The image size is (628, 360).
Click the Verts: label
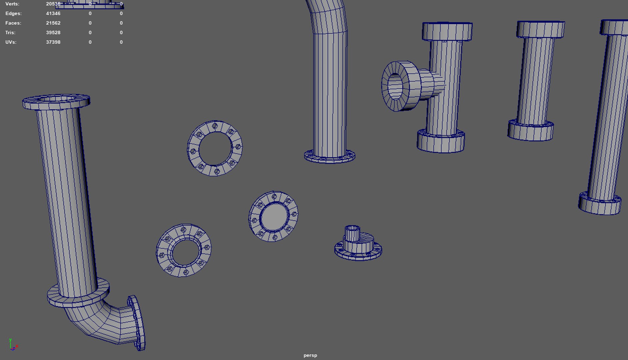(x=12, y=4)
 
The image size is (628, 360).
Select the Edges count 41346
(x=53, y=14)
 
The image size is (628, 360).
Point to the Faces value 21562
(x=53, y=23)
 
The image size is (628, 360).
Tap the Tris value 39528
(x=53, y=33)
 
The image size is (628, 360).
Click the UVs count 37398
(x=53, y=42)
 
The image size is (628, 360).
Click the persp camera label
(x=310, y=355)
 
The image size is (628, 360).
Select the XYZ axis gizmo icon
(x=13, y=345)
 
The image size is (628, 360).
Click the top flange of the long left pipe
(x=56, y=102)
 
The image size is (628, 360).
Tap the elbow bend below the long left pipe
(x=97, y=322)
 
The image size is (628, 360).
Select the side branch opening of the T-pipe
(x=396, y=86)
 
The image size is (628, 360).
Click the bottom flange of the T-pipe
(x=440, y=142)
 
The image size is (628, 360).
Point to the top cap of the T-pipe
(x=447, y=31)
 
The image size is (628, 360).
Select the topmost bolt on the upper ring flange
(x=215, y=126)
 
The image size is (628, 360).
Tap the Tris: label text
(x=10, y=33)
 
